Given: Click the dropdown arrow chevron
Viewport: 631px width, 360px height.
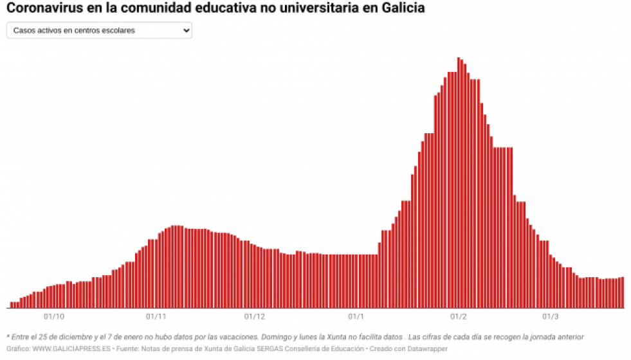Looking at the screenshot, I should (x=186, y=30).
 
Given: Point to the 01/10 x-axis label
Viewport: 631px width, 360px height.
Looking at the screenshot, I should (x=54, y=316).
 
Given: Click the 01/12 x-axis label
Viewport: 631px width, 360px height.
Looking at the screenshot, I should (x=255, y=316).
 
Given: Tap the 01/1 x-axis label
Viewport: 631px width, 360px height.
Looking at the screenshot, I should (x=356, y=316).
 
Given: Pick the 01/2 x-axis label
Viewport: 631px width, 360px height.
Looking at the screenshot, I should (x=458, y=316).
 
